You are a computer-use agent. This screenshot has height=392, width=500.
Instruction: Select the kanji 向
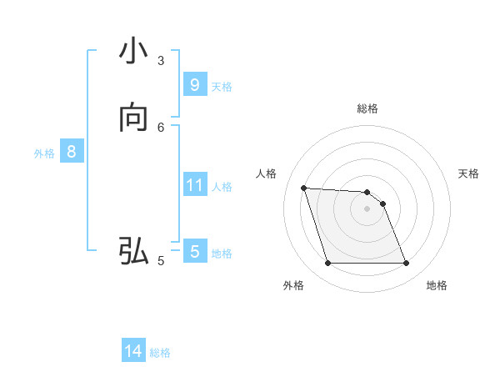pos(133,118)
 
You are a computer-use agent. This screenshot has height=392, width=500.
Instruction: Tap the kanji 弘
pos(133,251)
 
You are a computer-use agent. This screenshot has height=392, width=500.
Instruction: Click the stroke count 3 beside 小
pos(161,60)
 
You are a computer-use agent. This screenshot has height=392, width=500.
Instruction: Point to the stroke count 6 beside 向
pos(161,127)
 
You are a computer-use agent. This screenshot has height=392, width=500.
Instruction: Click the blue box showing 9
pos(194,85)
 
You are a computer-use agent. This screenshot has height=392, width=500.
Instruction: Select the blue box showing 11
pos(194,185)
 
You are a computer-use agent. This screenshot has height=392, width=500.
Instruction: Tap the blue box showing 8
pos(72,152)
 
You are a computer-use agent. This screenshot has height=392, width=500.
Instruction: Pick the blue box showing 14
pos(133,352)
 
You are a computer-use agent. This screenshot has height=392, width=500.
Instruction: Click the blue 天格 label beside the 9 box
pos(222,86)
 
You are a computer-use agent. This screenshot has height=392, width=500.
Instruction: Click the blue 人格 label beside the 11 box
pos(222,186)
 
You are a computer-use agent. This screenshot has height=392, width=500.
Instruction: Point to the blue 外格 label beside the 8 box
pos(44,153)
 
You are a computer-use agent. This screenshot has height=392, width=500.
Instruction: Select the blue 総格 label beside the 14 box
pos(160,353)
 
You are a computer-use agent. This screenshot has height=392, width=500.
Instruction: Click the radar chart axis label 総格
pos(367,108)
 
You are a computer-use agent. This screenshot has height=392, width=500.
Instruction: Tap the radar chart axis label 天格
pos(469,173)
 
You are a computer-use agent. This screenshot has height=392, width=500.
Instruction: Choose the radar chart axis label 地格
pos(437,285)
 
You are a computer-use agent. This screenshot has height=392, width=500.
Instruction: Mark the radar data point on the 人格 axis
pos(303,188)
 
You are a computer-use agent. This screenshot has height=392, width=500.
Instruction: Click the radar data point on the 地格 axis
pos(407,264)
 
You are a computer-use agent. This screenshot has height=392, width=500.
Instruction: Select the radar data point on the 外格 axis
pos(327,264)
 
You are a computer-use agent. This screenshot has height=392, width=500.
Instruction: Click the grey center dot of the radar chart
pos(367,209)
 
